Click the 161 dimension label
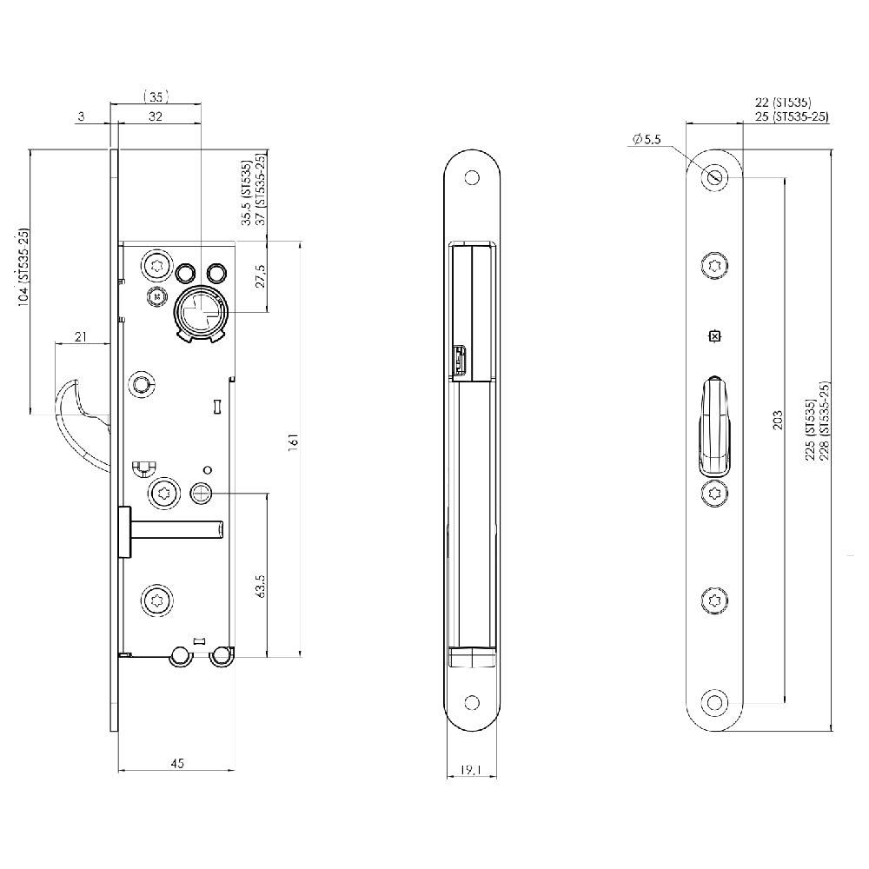(x=294, y=442)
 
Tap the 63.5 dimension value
(x=261, y=585)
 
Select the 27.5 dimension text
(x=261, y=276)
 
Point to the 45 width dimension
(x=176, y=763)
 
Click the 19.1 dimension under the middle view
(x=471, y=770)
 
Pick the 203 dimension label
(x=778, y=420)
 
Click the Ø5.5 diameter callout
(x=647, y=139)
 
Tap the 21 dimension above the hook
(x=81, y=335)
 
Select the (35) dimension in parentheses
(x=156, y=97)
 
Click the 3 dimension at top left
(x=82, y=116)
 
